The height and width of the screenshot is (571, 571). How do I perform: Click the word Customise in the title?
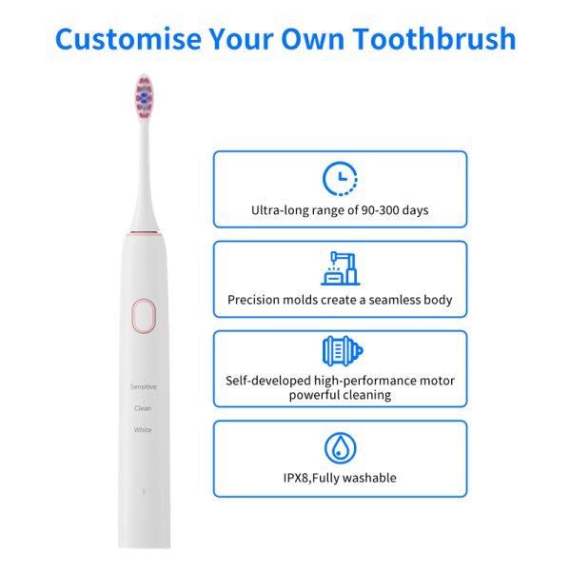(x=128, y=39)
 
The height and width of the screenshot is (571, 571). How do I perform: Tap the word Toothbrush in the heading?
(x=434, y=39)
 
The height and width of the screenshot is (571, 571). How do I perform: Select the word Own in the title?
(x=312, y=39)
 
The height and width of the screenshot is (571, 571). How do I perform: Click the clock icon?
(x=340, y=179)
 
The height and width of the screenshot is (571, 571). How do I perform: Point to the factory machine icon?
(x=340, y=268)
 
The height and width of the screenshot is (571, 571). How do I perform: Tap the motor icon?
(x=343, y=351)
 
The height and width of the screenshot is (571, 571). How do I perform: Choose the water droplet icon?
(x=340, y=448)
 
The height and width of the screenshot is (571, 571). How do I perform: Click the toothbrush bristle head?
(x=144, y=97)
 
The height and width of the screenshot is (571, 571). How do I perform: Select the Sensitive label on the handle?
(x=144, y=386)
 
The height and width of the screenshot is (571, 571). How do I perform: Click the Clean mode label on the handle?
(x=143, y=408)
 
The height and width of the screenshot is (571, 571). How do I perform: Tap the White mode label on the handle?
(x=143, y=430)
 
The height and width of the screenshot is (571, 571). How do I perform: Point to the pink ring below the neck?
(x=144, y=233)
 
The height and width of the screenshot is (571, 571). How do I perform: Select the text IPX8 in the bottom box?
(x=296, y=478)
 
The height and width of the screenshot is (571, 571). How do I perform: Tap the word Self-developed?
(x=268, y=381)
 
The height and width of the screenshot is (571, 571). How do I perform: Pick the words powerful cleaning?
(x=340, y=395)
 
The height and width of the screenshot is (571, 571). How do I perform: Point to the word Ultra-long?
(x=280, y=210)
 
